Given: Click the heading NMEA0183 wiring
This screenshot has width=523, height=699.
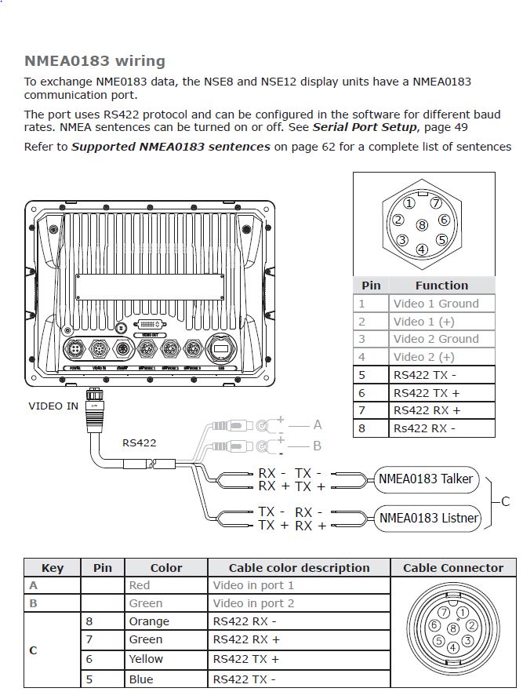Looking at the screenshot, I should pos(95,61).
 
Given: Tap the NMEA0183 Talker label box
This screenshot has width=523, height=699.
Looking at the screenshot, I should pos(424,479).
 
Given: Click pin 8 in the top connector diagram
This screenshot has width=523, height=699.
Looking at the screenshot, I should pos(422,225).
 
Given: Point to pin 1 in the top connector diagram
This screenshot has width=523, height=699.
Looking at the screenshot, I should pos(409,203).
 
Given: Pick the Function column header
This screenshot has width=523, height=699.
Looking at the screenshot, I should pos(441,286).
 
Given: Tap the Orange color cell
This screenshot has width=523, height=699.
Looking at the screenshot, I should pos(149,621).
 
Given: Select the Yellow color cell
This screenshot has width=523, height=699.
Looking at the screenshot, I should pos(146,659).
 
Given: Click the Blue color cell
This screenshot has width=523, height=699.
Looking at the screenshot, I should pos(141,679).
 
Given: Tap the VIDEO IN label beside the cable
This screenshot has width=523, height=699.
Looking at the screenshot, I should pos(53,406).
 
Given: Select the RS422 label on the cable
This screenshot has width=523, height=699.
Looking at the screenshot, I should pos(139,442).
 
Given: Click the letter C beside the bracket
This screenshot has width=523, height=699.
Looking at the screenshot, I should pos(505,501).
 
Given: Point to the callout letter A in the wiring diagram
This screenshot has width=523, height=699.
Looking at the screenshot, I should pos(318,424).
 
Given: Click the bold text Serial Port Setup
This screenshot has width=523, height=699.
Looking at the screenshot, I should pos(365,127).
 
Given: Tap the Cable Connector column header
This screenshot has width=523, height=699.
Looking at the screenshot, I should pos(453,568).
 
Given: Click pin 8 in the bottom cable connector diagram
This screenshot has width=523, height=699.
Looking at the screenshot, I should pos(453,628).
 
